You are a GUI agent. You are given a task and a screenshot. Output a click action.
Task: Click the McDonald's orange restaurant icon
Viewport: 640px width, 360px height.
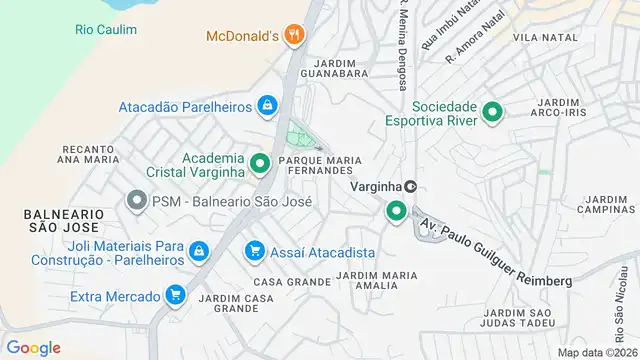click(x=293, y=36)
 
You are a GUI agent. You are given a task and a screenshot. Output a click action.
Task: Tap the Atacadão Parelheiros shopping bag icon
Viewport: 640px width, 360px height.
click(x=267, y=105)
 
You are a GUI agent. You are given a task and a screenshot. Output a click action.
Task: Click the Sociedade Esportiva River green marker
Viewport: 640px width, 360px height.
click(x=492, y=112)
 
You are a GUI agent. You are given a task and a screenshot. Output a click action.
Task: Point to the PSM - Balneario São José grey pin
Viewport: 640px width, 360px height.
click(x=136, y=201)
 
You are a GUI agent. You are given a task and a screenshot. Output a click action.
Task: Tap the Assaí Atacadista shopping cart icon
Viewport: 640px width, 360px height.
click(x=255, y=251)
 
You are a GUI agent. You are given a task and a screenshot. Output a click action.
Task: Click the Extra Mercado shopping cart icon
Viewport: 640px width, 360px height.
click(x=176, y=295)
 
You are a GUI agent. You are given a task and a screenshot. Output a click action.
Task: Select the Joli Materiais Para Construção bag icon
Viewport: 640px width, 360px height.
click(x=199, y=251)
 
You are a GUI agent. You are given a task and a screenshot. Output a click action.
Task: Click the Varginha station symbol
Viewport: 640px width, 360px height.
click(x=410, y=186)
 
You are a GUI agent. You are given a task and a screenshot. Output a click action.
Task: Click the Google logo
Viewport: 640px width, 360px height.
click(x=33, y=347)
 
